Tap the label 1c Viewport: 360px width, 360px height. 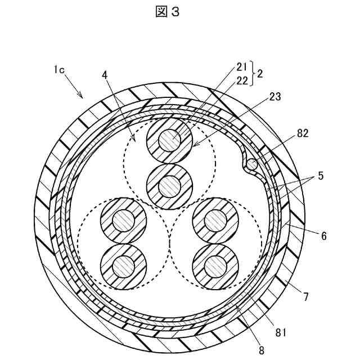[59, 70]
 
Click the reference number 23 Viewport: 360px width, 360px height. [275, 96]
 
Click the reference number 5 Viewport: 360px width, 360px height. [319, 175]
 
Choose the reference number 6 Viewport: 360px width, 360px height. [323, 237]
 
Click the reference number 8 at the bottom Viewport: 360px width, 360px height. [260, 349]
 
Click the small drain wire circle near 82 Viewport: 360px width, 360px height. [251, 164]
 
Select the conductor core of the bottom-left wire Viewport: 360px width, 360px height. [122, 264]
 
